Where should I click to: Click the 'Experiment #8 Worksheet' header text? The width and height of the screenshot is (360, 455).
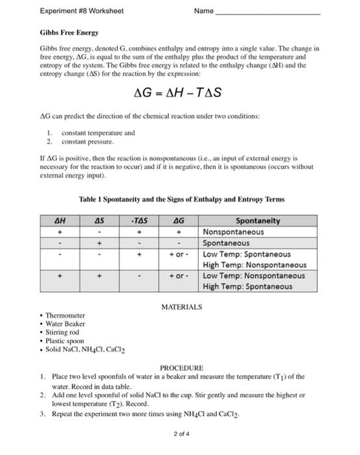81,11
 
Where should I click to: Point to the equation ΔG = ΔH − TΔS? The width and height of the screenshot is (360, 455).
177,93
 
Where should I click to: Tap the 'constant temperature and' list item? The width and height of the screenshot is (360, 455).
98,133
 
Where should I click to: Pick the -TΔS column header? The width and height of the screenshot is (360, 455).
140,221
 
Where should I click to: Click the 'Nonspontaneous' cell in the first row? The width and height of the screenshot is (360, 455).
234,232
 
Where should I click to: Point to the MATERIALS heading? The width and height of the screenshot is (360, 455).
181,306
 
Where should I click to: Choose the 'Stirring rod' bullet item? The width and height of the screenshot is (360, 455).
63,332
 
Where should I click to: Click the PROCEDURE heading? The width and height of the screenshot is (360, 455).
181,367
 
